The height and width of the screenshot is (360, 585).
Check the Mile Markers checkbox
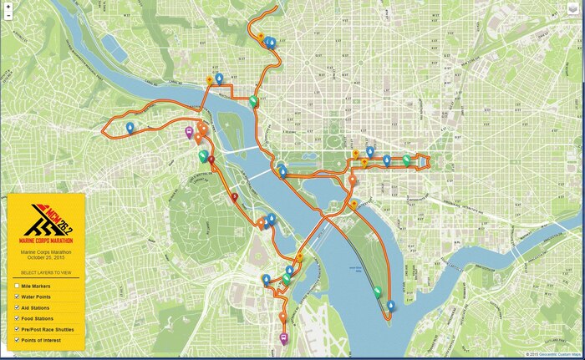pos(16,286)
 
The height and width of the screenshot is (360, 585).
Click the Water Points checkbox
pos(16,297)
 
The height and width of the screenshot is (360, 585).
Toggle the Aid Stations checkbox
pos(16,307)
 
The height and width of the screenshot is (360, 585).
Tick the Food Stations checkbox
pos(16,318)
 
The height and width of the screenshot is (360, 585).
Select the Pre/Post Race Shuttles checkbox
pos(16,329)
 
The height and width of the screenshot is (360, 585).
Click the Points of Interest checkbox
pos(16,340)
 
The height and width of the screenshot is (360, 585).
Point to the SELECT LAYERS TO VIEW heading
pos(46,273)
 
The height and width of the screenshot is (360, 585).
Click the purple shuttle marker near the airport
pos(283,338)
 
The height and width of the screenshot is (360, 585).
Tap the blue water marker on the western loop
pos(130,127)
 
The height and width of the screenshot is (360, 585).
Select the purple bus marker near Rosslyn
pos(189,131)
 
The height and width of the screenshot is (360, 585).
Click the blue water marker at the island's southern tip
pos(390,305)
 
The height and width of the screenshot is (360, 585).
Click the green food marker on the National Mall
pos(406,159)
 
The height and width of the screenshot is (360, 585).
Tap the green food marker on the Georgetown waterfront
pos(253,101)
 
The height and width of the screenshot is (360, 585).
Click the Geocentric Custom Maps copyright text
pos(551,354)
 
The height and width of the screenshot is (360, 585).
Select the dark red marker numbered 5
pos(235,197)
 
